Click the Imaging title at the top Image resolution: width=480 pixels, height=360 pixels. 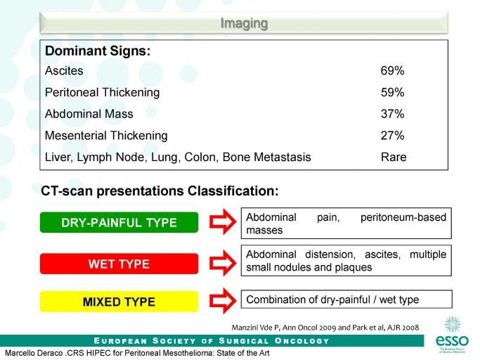[x=244, y=23]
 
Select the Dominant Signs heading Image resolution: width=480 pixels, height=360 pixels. [x=98, y=51]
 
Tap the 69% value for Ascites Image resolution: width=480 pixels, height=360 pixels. [x=392, y=71]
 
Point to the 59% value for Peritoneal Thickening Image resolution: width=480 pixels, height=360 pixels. [x=392, y=92]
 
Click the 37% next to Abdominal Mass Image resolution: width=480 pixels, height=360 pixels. [x=392, y=114]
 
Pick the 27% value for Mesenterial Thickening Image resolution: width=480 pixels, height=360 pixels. [x=392, y=136]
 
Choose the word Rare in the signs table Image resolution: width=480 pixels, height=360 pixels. [x=394, y=157]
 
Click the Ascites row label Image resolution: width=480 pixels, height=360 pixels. [x=64, y=71]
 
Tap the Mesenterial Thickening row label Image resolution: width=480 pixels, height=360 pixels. [x=106, y=136]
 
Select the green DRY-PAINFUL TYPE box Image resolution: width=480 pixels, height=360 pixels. [x=119, y=222]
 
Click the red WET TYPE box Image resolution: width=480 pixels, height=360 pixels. [x=119, y=264]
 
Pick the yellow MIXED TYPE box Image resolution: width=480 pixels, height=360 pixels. [x=119, y=302]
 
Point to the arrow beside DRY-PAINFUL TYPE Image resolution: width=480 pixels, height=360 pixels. [x=223, y=221]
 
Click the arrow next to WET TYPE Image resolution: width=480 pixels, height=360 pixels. [x=223, y=263]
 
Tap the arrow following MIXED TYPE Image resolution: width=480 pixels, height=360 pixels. [x=223, y=301]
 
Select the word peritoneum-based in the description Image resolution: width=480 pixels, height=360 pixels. [x=403, y=217]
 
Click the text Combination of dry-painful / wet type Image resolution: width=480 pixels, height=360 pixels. [x=332, y=300]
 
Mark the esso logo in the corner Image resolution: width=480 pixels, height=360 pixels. [x=452, y=335]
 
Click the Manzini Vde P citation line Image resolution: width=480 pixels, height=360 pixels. [x=325, y=328]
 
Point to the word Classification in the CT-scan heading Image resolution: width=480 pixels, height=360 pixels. [x=233, y=191]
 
